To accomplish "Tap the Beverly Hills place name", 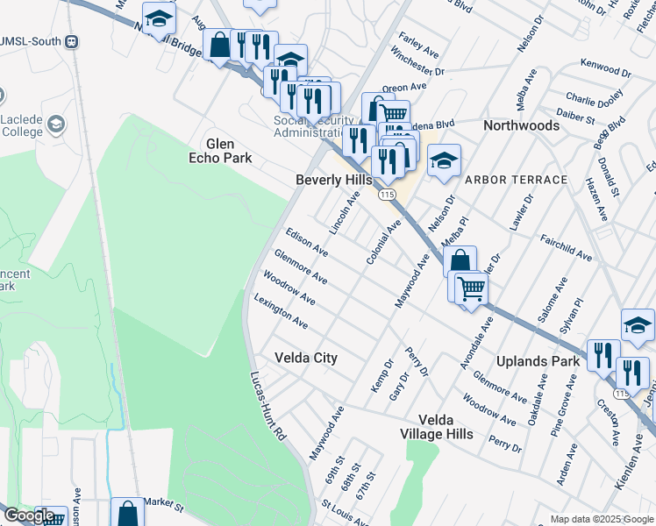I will (x=332, y=180).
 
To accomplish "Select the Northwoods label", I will (x=521, y=125).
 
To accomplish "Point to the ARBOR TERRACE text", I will (x=516, y=180).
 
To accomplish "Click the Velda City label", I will (x=305, y=358).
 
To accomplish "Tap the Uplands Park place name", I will (x=538, y=361).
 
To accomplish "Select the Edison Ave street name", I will (x=307, y=242).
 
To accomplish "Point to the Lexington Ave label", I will (x=281, y=311).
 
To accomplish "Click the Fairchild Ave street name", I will (x=566, y=246).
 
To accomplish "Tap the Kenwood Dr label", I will (x=605, y=68).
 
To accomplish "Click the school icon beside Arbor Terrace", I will (x=444, y=160).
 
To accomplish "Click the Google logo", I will (x=29, y=515).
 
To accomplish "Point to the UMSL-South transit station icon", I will (x=71, y=41).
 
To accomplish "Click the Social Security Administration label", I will (x=312, y=126).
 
